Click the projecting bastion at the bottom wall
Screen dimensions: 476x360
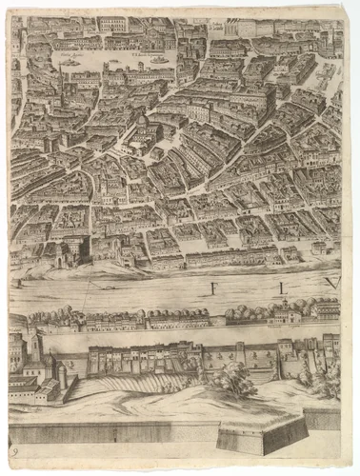(x=261, y=435)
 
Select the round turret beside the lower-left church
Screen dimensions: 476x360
(x=63, y=377)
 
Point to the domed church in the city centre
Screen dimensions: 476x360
(x=143, y=133)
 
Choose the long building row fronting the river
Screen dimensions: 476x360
(x=233, y=257)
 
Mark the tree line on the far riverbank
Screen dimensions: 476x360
(x=114, y=317)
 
